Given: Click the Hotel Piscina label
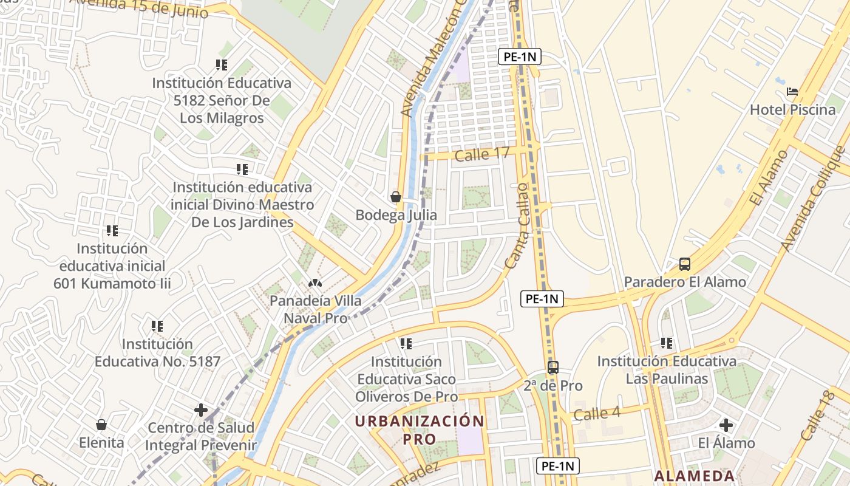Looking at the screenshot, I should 792,110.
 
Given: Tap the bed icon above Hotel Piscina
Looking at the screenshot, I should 792,92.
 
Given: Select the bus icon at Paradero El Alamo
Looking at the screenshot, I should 685,264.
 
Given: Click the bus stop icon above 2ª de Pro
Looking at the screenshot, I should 552,368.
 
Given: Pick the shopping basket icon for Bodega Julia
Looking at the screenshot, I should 396,197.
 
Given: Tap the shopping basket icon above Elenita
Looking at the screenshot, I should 101,424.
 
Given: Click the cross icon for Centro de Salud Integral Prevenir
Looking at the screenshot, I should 201,410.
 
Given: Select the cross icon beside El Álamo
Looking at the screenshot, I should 726,425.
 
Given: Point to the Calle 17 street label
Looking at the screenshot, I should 482,154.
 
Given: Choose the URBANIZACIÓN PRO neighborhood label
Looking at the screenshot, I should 420,430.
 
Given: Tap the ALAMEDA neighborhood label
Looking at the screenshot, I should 695,476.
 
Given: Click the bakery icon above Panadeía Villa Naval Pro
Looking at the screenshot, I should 315,283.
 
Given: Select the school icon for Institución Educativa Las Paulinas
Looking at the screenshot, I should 667,343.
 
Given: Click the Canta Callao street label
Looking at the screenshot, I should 517,225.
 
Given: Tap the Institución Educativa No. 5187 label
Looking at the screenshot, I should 157,352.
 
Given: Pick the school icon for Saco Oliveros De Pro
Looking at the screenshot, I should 406,344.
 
